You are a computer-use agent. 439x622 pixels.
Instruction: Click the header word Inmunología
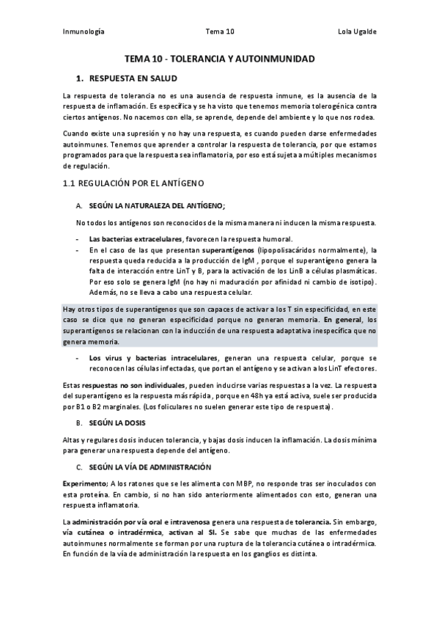coord(84,32)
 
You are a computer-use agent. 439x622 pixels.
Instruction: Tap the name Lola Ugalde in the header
coord(356,32)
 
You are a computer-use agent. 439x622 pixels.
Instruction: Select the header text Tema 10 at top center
coord(220,32)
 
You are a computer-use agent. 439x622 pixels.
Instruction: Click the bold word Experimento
coord(85,483)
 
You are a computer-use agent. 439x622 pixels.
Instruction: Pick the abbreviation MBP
coord(245,483)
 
